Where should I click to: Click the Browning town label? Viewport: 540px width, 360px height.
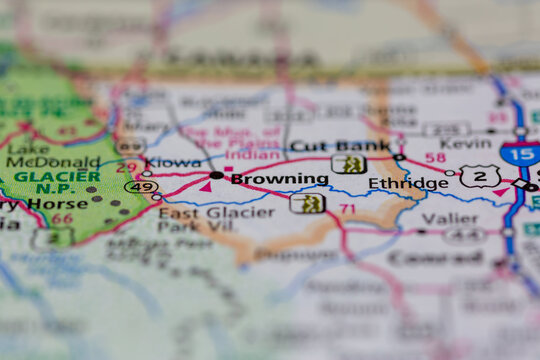(279, 180)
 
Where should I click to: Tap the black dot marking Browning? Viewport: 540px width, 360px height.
(217, 175)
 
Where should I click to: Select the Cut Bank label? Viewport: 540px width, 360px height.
(325, 146)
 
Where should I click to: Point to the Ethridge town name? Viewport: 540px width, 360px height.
(408, 183)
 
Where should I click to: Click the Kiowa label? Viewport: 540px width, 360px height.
(173, 162)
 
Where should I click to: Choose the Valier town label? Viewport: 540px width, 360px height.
(449, 217)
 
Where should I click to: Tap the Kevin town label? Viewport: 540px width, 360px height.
(466, 144)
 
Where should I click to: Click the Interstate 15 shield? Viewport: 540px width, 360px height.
(519, 154)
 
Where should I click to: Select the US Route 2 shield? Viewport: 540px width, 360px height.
(480, 177)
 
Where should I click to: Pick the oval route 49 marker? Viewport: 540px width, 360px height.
(141, 186)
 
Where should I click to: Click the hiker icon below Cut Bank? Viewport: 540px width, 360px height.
(348, 164)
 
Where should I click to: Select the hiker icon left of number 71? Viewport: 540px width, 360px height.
(307, 203)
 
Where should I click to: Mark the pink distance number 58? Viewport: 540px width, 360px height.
(435, 158)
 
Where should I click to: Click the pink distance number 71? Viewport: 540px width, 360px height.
(347, 208)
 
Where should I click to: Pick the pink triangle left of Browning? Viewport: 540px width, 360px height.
(204, 185)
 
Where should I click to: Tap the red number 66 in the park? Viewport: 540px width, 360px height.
(62, 218)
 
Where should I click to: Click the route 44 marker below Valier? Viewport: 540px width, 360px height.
(465, 236)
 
